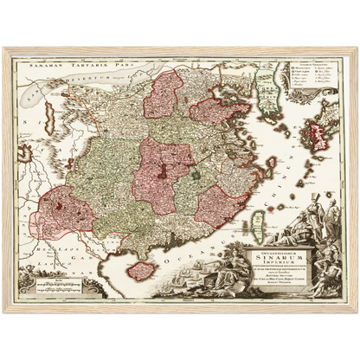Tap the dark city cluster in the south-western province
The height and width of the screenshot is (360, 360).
tap(59, 207)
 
